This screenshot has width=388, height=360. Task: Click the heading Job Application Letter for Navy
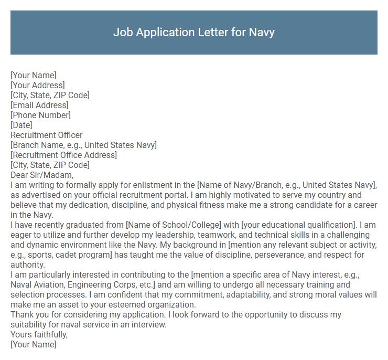tap(193, 32)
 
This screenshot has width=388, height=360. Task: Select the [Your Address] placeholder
tap(38, 85)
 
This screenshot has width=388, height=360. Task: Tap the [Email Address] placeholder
tap(39, 105)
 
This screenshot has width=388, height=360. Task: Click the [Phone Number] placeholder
tap(40, 115)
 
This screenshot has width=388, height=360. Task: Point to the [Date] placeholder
tap(21, 125)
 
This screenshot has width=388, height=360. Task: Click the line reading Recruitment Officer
tap(47, 135)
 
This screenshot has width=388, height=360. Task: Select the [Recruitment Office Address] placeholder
tap(63, 155)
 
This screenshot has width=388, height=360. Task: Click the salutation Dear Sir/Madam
tap(42, 175)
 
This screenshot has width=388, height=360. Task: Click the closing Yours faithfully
tap(39, 335)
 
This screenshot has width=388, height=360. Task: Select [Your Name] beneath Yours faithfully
tap(33, 345)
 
